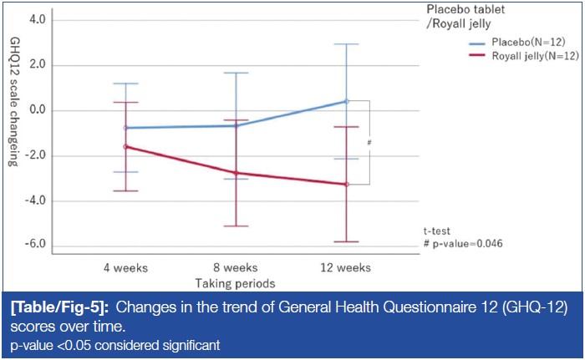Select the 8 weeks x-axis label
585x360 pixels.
tap(235, 268)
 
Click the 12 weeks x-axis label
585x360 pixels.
tap(346, 268)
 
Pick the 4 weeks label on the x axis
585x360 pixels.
tap(125, 268)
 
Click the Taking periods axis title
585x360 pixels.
tap(235, 284)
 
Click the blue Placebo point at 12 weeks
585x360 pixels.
tap(346, 101)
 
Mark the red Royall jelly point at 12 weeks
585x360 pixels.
tap(346, 184)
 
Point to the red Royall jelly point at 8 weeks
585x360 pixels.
tap(236, 173)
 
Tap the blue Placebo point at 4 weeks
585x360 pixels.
tap(125, 128)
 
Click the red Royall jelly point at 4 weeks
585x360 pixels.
tap(125, 147)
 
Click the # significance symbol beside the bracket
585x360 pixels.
tap(369, 143)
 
